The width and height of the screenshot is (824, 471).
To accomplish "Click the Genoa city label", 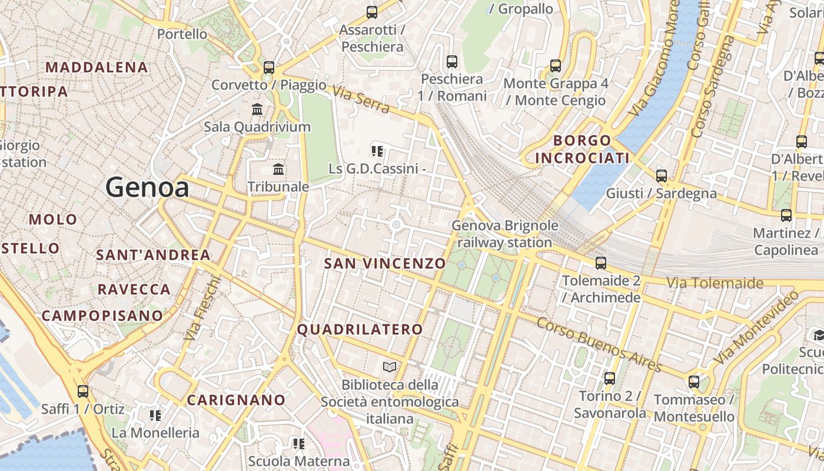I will click(x=147, y=188).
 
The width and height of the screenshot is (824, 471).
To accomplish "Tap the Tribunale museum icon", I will click(x=278, y=170).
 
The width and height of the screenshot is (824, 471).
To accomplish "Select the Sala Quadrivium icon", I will click(x=257, y=110).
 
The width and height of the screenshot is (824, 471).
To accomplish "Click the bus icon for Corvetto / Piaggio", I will click(x=269, y=67).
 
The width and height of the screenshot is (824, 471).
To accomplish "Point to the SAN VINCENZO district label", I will click(x=384, y=263).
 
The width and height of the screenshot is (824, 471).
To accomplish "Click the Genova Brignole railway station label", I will click(x=504, y=234).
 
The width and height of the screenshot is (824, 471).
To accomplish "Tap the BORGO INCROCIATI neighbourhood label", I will click(x=582, y=149).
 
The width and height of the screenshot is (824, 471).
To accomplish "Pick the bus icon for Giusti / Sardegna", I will click(x=662, y=175).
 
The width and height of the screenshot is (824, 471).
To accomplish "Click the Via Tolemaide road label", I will click(x=715, y=283).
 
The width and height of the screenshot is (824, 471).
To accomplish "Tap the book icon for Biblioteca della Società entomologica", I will click(x=390, y=367).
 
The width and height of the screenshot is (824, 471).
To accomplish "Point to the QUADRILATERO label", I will click(x=360, y=330).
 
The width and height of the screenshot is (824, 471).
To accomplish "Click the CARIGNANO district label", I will click(x=236, y=400).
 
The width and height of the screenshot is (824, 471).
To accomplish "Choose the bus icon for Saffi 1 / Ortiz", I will click(x=83, y=391).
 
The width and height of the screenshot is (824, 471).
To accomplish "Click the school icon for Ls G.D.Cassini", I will click(x=377, y=151).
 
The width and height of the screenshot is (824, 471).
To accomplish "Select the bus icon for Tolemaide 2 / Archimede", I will click(x=600, y=263).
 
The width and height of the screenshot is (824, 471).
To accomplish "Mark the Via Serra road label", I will click(x=361, y=99).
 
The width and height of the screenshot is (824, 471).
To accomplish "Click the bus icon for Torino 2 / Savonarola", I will click(x=610, y=378).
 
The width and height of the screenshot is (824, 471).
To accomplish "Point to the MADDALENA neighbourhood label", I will click(x=97, y=67).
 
